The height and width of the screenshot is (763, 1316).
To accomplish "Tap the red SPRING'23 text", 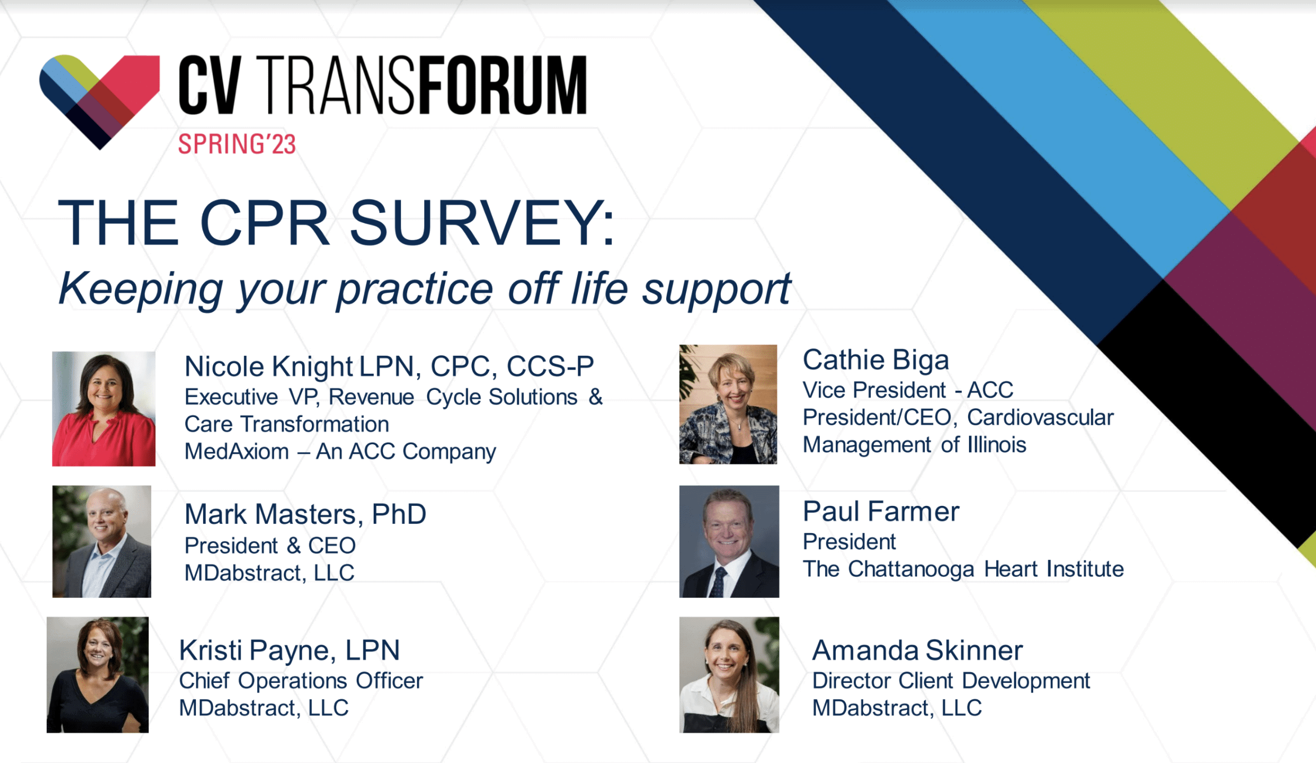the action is pyautogui.click(x=237, y=144).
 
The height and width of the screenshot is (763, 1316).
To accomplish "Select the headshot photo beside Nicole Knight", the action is pyautogui.click(x=104, y=408).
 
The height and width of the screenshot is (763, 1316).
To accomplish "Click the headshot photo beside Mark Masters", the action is pyautogui.click(x=102, y=541).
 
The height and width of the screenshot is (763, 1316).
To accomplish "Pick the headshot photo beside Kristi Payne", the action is pyautogui.click(x=98, y=675).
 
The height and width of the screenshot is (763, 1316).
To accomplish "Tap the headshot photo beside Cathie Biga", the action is pyautogui.click(x=728, y=404).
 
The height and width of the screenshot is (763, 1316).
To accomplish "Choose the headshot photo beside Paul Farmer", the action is pyautogui.click(x=729, y=541).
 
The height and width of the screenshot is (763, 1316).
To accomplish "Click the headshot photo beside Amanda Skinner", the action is pyautogui.click(x=729, y=675).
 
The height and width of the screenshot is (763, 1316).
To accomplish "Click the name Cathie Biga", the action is pyautogui.click(x=876, y=360).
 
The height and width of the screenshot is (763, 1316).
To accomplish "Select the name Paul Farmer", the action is pyautogui.click(x=881, y=511).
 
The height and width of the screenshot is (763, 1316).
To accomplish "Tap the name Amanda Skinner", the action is pyautogui.click(x=918, y=651).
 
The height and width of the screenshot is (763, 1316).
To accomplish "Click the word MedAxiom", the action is pyautogui.click(x=236, y=451).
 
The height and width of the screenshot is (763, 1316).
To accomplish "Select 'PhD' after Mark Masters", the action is pyautogui.click(x=399, y=515).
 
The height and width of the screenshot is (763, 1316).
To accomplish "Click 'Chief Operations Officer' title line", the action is pyautogui.click(x=301, y=681).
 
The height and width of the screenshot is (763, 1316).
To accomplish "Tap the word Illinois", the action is pyautogui.click(x=997, y=445).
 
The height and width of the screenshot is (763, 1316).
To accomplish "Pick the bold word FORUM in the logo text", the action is pyautogui.click(x=503, y=85).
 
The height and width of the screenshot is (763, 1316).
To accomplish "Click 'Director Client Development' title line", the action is pyautogui.click(x=951, y=681).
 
